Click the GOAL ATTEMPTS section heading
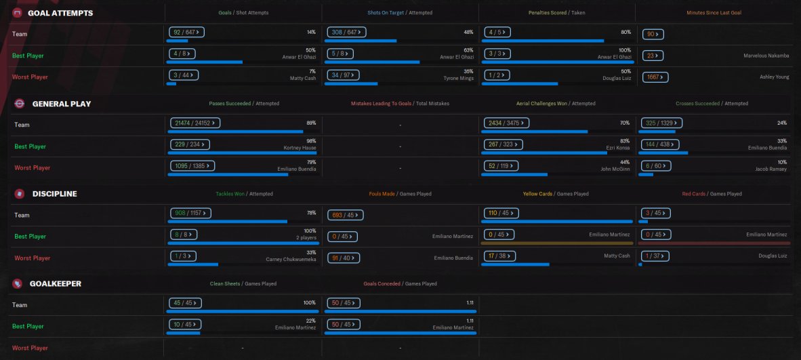tap(60, 13)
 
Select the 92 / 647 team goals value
tap(186, 32)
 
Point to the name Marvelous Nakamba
tap(764, 56)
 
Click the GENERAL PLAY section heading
tap(62, 104)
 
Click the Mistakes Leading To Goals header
tap(381, 104)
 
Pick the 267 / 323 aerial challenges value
tap(504, 144)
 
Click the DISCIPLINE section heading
tap(54, 194)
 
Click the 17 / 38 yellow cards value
tap(499, 256)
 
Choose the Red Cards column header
tap(694, 194)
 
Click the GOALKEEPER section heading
tap(56, 283)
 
